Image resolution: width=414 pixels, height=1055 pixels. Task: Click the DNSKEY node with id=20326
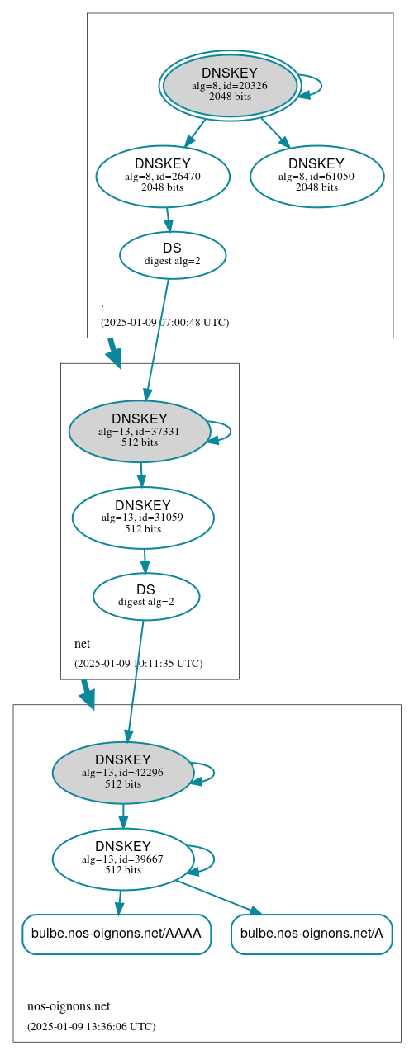(x=230, y=85)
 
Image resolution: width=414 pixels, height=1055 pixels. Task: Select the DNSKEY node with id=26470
(x=163, y=176)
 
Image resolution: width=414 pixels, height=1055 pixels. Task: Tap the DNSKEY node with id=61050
(x=316, y=176)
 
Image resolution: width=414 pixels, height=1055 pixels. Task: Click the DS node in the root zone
(x=173, y=254)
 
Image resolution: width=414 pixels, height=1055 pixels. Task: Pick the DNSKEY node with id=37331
(x=140, y=431)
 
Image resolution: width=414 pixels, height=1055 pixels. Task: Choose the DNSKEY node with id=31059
(x=143, y=518)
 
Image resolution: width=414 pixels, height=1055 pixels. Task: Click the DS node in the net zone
(x=146, y=596)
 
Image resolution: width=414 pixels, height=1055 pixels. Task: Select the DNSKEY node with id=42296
(x=123, y=773)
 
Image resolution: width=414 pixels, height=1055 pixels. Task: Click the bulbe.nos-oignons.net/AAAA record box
(x=117, y=934)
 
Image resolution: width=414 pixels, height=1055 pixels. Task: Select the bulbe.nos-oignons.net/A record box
(x=312, y=934)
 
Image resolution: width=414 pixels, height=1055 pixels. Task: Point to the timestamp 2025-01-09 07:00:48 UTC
(x=164, y=322)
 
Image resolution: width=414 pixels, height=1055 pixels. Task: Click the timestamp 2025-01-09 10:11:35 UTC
(x=138, y=663)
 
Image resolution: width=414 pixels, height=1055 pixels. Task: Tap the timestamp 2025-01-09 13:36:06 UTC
(x=91, y=1026)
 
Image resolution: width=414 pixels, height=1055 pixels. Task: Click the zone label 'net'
(x=83, y=644)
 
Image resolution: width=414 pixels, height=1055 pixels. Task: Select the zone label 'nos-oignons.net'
(x=69, y=1006)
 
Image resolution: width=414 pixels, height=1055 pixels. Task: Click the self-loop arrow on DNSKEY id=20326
(x=320, y=86)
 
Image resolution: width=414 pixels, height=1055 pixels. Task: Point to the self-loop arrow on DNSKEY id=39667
(x=213, y=859)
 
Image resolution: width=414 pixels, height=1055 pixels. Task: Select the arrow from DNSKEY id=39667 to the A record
(x=218, y=897)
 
